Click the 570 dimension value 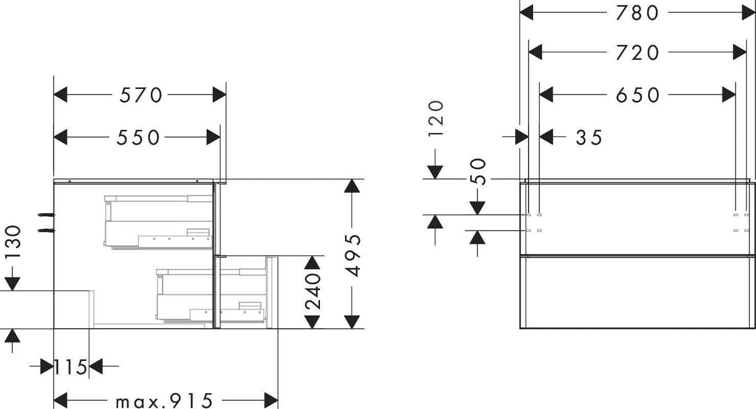pos(140,95)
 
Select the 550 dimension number pos(138,137)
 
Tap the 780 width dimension pos(637,13)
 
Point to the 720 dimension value pos(637,53)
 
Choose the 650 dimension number pos(637,95)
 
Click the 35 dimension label pos(589,137)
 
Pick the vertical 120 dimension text pos(436,119)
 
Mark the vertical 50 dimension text pos(479,172)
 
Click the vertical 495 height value pos(353,255)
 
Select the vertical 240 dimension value pos(312,292)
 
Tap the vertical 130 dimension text pos(13,242)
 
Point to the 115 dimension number pos(71,367)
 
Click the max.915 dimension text pos(164,401)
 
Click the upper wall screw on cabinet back pos(46,214)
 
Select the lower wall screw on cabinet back pos(46,231)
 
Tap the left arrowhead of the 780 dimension pos(526,13)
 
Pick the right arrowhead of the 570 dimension pos(219,95)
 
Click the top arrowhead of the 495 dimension pos(352,186)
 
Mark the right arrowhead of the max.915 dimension pos(272,401)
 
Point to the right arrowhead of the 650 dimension pos(729,95)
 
